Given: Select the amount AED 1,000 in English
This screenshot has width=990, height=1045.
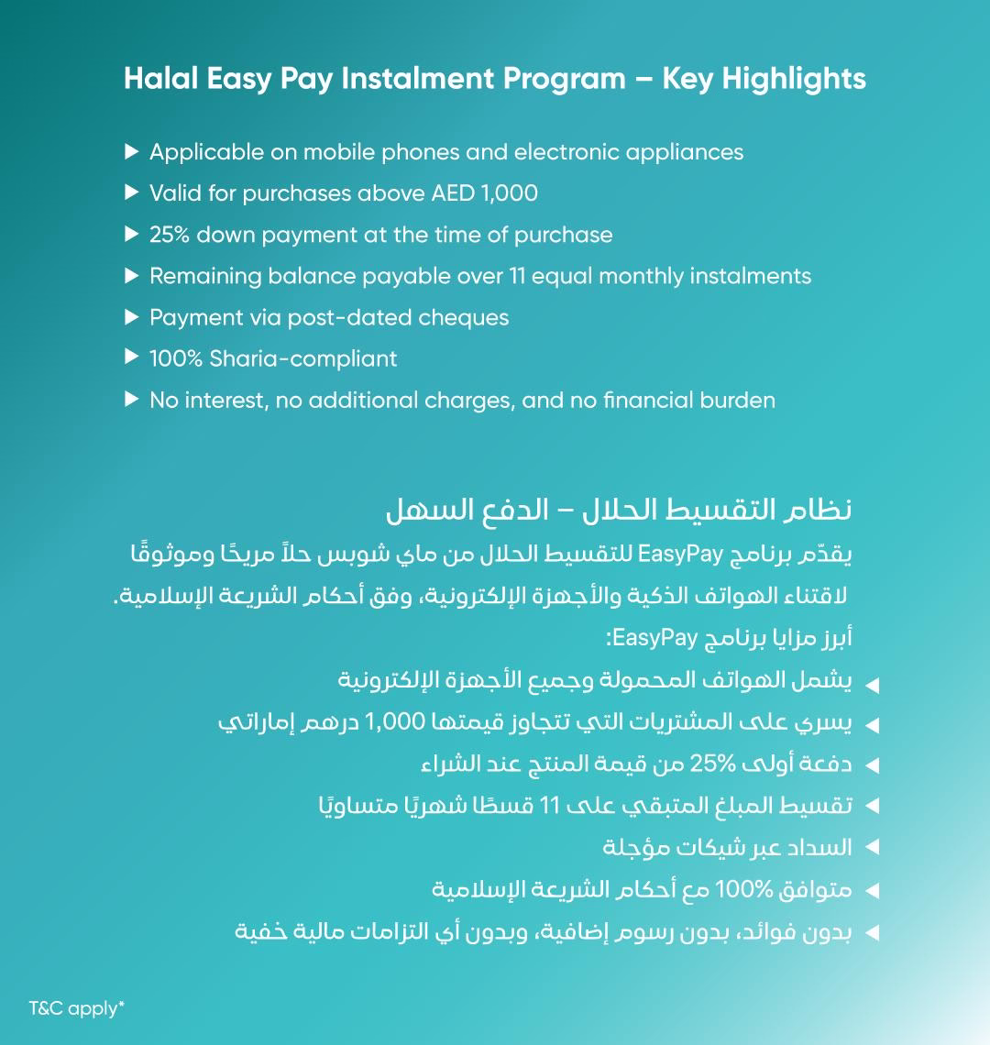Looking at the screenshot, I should point(484,193).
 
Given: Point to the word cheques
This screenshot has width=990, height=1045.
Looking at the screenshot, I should point(463,318).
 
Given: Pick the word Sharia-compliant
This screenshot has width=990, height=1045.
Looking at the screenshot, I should point(303,359).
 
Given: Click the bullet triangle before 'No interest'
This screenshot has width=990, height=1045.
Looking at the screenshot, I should point(131,400).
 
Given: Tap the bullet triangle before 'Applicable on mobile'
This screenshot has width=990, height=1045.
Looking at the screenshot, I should point(131,151).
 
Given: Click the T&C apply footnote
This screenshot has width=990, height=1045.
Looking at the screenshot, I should point(77,1008).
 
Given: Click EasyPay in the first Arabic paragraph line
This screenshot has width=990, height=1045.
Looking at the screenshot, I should point(671,555).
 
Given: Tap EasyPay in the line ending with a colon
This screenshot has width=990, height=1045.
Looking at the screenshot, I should point(652,638).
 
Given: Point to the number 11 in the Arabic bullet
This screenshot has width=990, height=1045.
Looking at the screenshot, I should point(549,806).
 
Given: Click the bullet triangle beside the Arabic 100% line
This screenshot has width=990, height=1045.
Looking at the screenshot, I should point(872,890).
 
